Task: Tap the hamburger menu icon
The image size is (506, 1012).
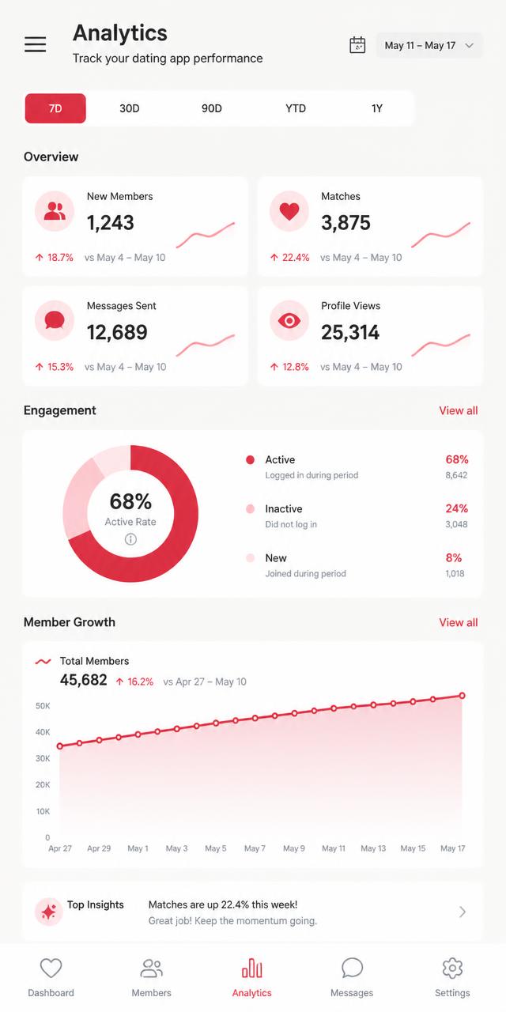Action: tap(36, 44)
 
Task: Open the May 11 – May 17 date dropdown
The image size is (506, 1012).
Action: tap(429, 45)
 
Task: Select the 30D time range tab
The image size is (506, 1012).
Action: tap(129, 108)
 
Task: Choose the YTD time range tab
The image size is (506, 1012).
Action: tap(296, 108)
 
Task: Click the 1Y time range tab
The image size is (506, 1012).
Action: tap(377, 108)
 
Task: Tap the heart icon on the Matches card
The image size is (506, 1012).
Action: tap(289, 210)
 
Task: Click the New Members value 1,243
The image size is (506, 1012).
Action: tap(110, 223)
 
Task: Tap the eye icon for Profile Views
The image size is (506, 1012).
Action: tap(289, 320)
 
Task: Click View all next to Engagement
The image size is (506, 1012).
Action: tap(458, 410)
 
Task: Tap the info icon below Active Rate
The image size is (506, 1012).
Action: tap(130, 539)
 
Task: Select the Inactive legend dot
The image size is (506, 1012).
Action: tap(250, 508)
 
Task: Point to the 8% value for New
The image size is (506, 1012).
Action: tap(454, 557)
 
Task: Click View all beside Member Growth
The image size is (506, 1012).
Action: tap(458, 622)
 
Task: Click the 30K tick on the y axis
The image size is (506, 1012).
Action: tap(43, 758)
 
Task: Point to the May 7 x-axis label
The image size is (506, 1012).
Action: tap(255, 848)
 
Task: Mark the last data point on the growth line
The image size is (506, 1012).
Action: tap(463, 696)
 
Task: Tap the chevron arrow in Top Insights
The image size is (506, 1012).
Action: tap(463, 912)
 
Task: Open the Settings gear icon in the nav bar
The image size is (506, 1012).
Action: tap(452, 968)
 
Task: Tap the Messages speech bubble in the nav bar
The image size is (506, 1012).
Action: tap(352, 968)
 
